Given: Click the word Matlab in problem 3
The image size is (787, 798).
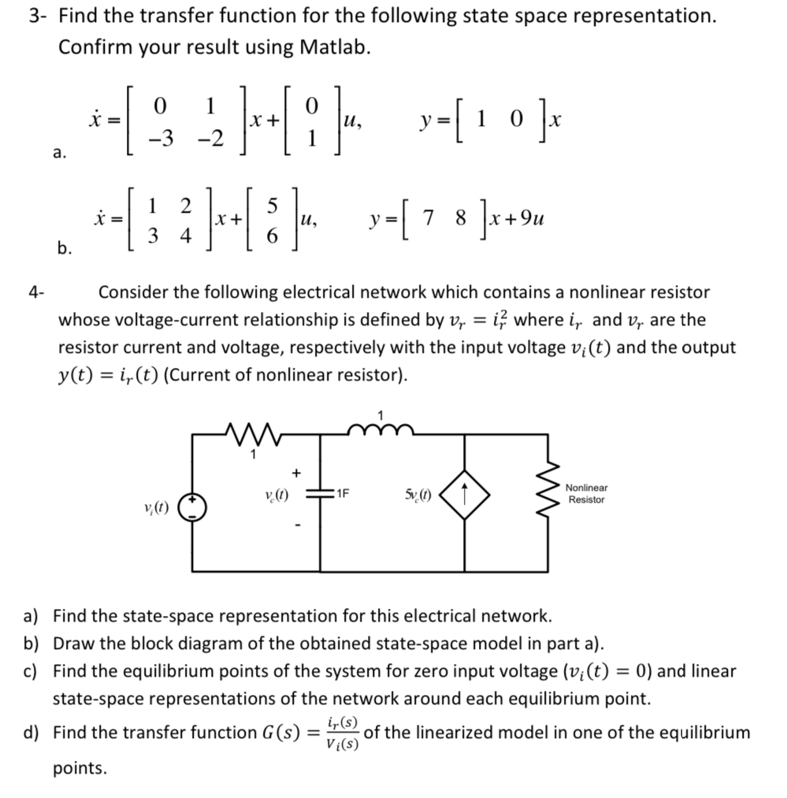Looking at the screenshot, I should click(x=333, y=47).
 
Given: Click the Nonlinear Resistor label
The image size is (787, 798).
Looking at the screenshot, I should click(x=586, y=494).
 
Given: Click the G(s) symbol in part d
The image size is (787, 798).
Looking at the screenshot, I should click(x=273, y=733).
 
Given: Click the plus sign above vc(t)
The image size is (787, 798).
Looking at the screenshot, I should click(x=296, y=473).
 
